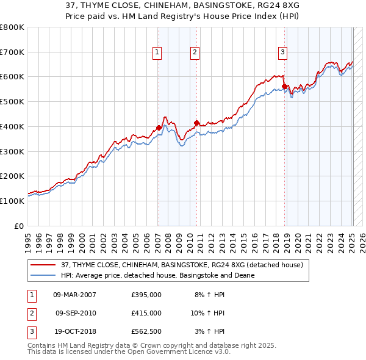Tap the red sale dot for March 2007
(159, 128)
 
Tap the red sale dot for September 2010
(196, 123)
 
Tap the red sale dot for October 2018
(284, 86)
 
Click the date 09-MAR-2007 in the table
(74, 294)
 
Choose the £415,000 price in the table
(146, 313)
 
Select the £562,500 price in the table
(146, 331)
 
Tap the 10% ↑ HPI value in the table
(207, 313)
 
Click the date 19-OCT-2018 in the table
(74, 331)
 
